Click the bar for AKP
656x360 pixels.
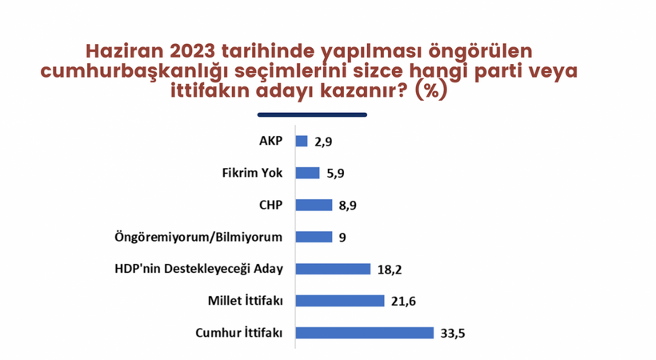tap(302, 141)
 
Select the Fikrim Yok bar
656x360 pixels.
tap(307, 173)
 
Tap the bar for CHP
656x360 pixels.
tap(314, 205)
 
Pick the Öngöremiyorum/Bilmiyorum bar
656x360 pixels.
tap(314, 237)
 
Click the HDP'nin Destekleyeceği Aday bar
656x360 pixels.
tap(333, 269)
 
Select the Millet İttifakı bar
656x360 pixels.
tap(340, 301)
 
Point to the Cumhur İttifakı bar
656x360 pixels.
tap(365, 333)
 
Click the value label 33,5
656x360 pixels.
tap(453, 334)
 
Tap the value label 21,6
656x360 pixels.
tap(403, 302)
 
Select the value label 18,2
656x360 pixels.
tap(390, 270)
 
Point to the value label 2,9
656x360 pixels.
tap(323, 142)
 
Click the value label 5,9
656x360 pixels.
tap(335, 174)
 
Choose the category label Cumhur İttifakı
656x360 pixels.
tap(239, 333)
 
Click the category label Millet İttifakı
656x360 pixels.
tap(245, 301)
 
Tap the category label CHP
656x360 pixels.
tap(270, 205)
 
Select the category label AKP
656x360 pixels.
tap(270, 141)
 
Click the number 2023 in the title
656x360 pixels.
tap(194, 51)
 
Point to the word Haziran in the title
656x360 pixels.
tap(125, 51)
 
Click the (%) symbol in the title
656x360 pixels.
tap(431, 91)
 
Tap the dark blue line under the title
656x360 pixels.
tap(312, 114)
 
